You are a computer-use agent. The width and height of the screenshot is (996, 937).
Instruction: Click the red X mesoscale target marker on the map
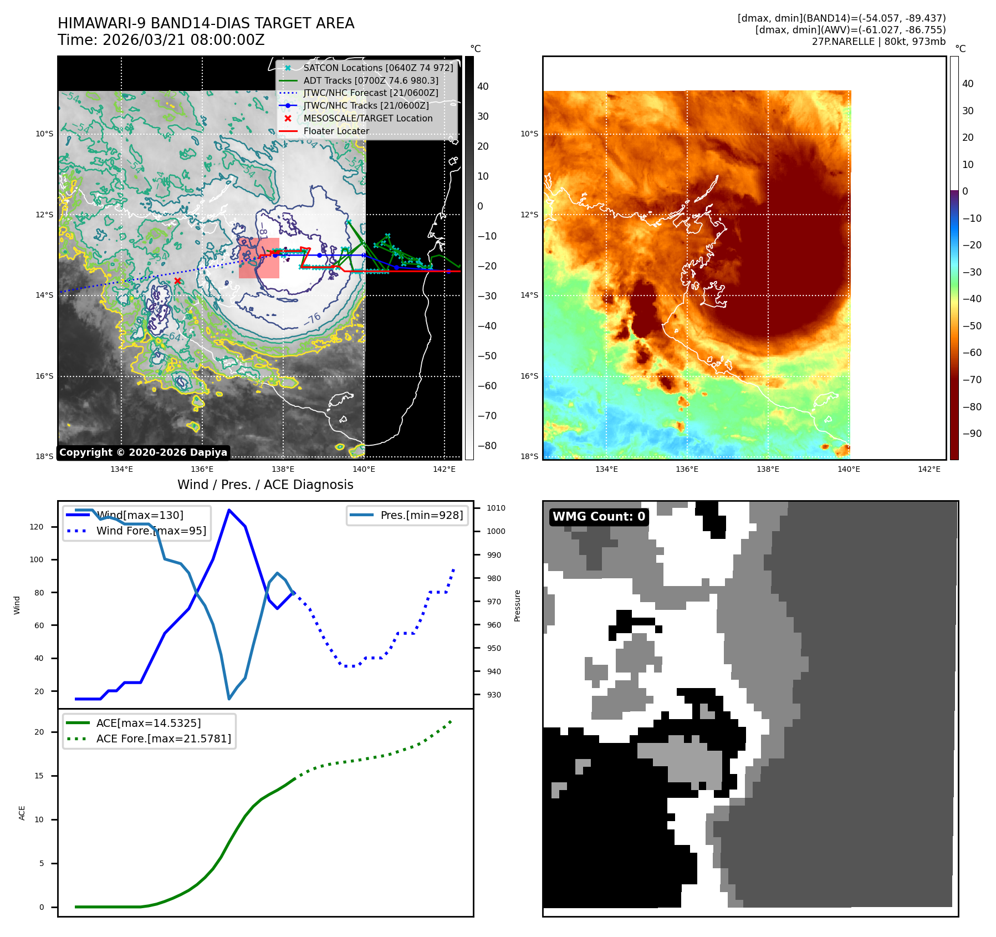pos(177,281)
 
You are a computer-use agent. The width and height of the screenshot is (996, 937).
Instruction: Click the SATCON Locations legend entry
pos(378,68)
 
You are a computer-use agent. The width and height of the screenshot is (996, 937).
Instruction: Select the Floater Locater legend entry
pos(336,131)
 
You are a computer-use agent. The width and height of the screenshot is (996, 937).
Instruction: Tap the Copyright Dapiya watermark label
pos(143,452)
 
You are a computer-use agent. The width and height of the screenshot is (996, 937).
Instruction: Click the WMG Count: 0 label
pos(599,517)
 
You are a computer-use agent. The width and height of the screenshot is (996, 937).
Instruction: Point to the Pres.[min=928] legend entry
pos(421,516)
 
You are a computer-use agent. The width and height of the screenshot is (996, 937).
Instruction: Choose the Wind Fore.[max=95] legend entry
pos(151,531)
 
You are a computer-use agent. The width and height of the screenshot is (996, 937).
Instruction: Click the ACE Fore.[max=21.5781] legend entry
pos(164,739)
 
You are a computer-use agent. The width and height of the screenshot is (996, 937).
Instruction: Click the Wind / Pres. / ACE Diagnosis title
pos(265,485)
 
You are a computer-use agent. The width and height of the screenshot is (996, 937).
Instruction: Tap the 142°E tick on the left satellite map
pos(444,470)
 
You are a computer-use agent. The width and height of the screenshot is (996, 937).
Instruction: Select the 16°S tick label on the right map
pos(529,376)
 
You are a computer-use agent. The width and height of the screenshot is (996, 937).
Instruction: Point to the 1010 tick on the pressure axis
pos(496,508)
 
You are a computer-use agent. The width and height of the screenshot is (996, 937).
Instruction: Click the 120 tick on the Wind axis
pos(37,527)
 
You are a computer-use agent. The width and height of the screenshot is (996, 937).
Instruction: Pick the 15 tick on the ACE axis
pos(39,776)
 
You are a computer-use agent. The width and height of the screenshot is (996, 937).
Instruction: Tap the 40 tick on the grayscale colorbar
pos(483,86)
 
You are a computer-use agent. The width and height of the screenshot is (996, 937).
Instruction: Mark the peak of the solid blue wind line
pos(229,510)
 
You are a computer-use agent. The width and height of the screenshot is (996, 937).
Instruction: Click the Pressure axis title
pos(517,605)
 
